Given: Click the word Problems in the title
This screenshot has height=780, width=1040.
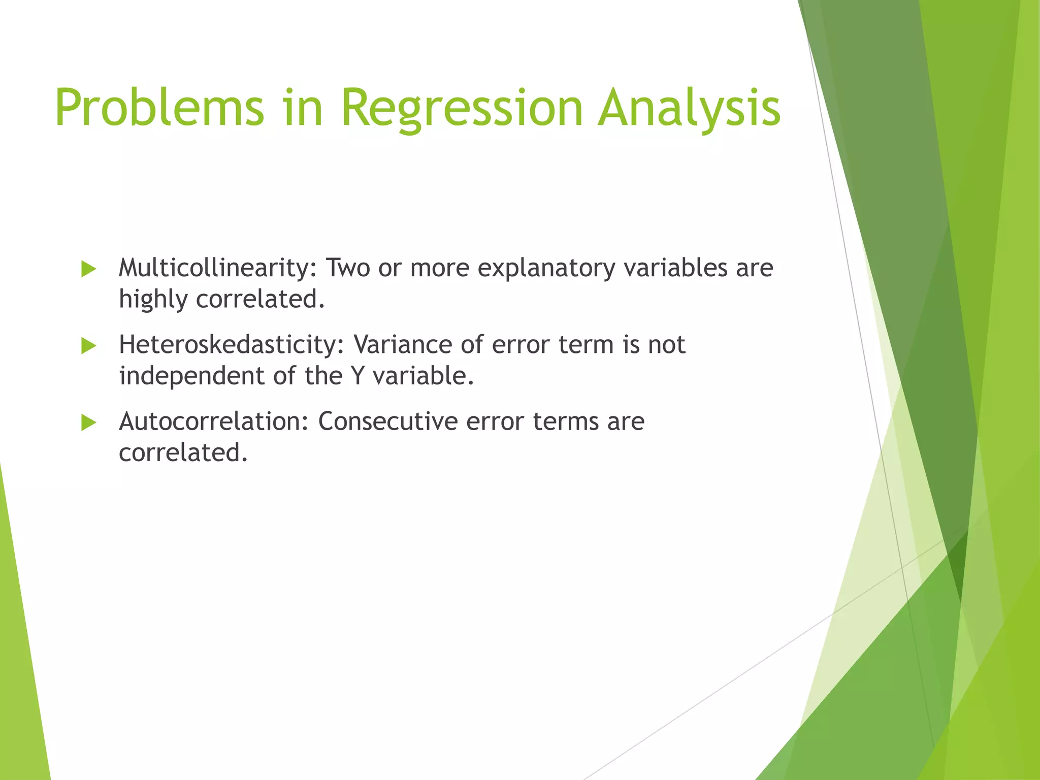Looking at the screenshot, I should click(159, 108).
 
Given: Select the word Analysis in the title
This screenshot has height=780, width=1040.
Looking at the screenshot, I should click(689, 108).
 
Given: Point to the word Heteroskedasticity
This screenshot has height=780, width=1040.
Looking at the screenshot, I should click(232, 345).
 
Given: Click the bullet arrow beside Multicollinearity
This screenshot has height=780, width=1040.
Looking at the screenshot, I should click(88, 269).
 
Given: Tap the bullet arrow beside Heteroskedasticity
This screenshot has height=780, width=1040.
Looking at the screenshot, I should click(88, 346).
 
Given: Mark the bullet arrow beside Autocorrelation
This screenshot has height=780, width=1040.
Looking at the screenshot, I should click(88, 422).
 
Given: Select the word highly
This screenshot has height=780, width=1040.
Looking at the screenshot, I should click(153, 300).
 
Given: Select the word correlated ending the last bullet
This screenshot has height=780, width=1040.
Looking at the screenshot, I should click(183, 453).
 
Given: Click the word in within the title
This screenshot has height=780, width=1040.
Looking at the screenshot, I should click(303, 108).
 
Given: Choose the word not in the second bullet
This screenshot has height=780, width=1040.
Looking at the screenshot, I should click(666, 345).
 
